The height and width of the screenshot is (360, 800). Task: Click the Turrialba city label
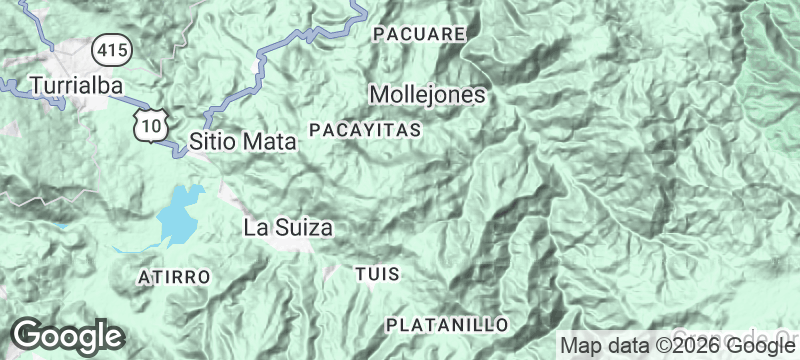point(77,86)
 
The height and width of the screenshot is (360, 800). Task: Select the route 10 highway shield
point(151,124)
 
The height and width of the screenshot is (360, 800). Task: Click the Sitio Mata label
point(243,142)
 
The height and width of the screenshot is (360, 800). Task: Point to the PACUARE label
point(419,34)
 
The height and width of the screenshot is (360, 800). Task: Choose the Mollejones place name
point(427,95)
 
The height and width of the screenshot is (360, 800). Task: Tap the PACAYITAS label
point(365,131)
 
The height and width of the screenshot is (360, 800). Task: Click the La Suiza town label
point(288,228)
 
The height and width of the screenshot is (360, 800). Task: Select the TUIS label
point(377,273)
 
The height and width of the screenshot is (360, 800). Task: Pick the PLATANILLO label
point(447,325)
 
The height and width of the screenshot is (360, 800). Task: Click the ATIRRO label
point(174,275)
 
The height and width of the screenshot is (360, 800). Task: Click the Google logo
point(67,337)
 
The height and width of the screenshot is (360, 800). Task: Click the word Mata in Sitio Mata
point(270,142)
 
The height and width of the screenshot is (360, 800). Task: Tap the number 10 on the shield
point(151,126)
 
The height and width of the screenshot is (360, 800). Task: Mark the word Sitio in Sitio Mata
point(213,142)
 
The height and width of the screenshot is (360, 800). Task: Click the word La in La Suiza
point(254,228)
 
